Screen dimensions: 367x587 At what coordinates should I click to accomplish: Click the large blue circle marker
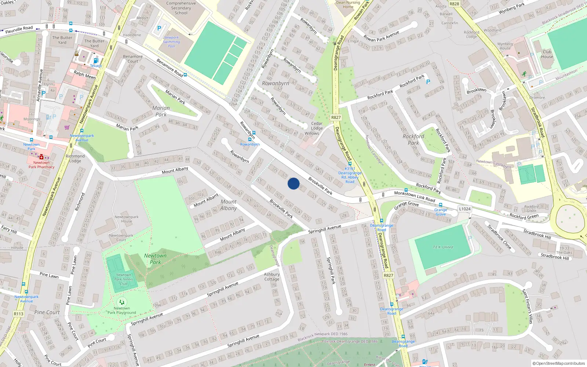(293, 183)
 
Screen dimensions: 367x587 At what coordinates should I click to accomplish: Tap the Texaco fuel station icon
(96, 61)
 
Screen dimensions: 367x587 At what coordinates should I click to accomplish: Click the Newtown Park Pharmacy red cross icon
(41, 157)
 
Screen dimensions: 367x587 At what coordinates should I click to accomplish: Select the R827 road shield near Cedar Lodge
(336, 117)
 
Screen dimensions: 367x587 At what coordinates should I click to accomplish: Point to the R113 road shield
(18, 314)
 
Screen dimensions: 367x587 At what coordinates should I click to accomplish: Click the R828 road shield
(454, 4)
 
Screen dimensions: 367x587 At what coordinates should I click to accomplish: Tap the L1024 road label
(464, 209)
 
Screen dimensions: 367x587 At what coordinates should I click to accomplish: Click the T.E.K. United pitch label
(443, 247)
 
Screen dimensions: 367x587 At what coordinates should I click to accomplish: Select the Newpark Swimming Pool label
(171, 42)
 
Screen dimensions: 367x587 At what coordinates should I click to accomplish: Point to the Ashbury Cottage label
(272, 277)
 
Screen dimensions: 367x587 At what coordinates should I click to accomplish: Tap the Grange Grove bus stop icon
(441, 205)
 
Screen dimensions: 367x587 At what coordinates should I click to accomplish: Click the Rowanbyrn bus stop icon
(249, 139)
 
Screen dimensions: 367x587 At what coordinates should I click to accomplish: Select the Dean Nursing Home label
(348, 4)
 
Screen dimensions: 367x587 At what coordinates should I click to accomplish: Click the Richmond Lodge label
(75, 159)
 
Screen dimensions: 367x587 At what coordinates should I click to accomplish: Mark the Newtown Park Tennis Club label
(123, 279)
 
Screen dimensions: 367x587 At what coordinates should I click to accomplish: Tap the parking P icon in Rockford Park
(428, 82)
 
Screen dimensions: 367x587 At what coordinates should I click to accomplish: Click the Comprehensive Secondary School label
(181, 8)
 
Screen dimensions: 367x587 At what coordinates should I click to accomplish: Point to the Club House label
(547, 54)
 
